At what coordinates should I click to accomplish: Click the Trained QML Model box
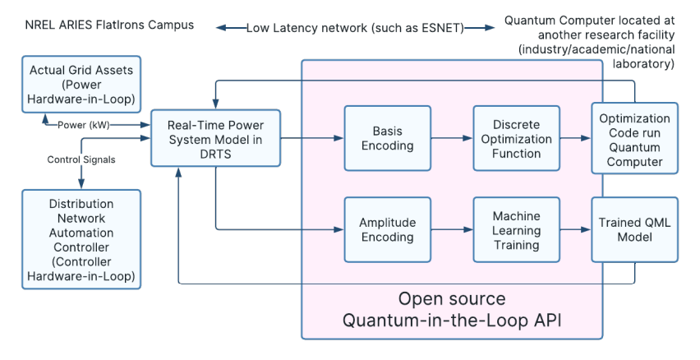point(635,230)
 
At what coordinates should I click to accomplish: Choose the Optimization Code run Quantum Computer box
point(635,138)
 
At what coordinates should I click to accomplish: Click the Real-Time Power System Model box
point(214,138)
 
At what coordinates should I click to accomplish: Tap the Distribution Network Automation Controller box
point(81,239)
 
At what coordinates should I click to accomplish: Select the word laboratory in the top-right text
point(644,64)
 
